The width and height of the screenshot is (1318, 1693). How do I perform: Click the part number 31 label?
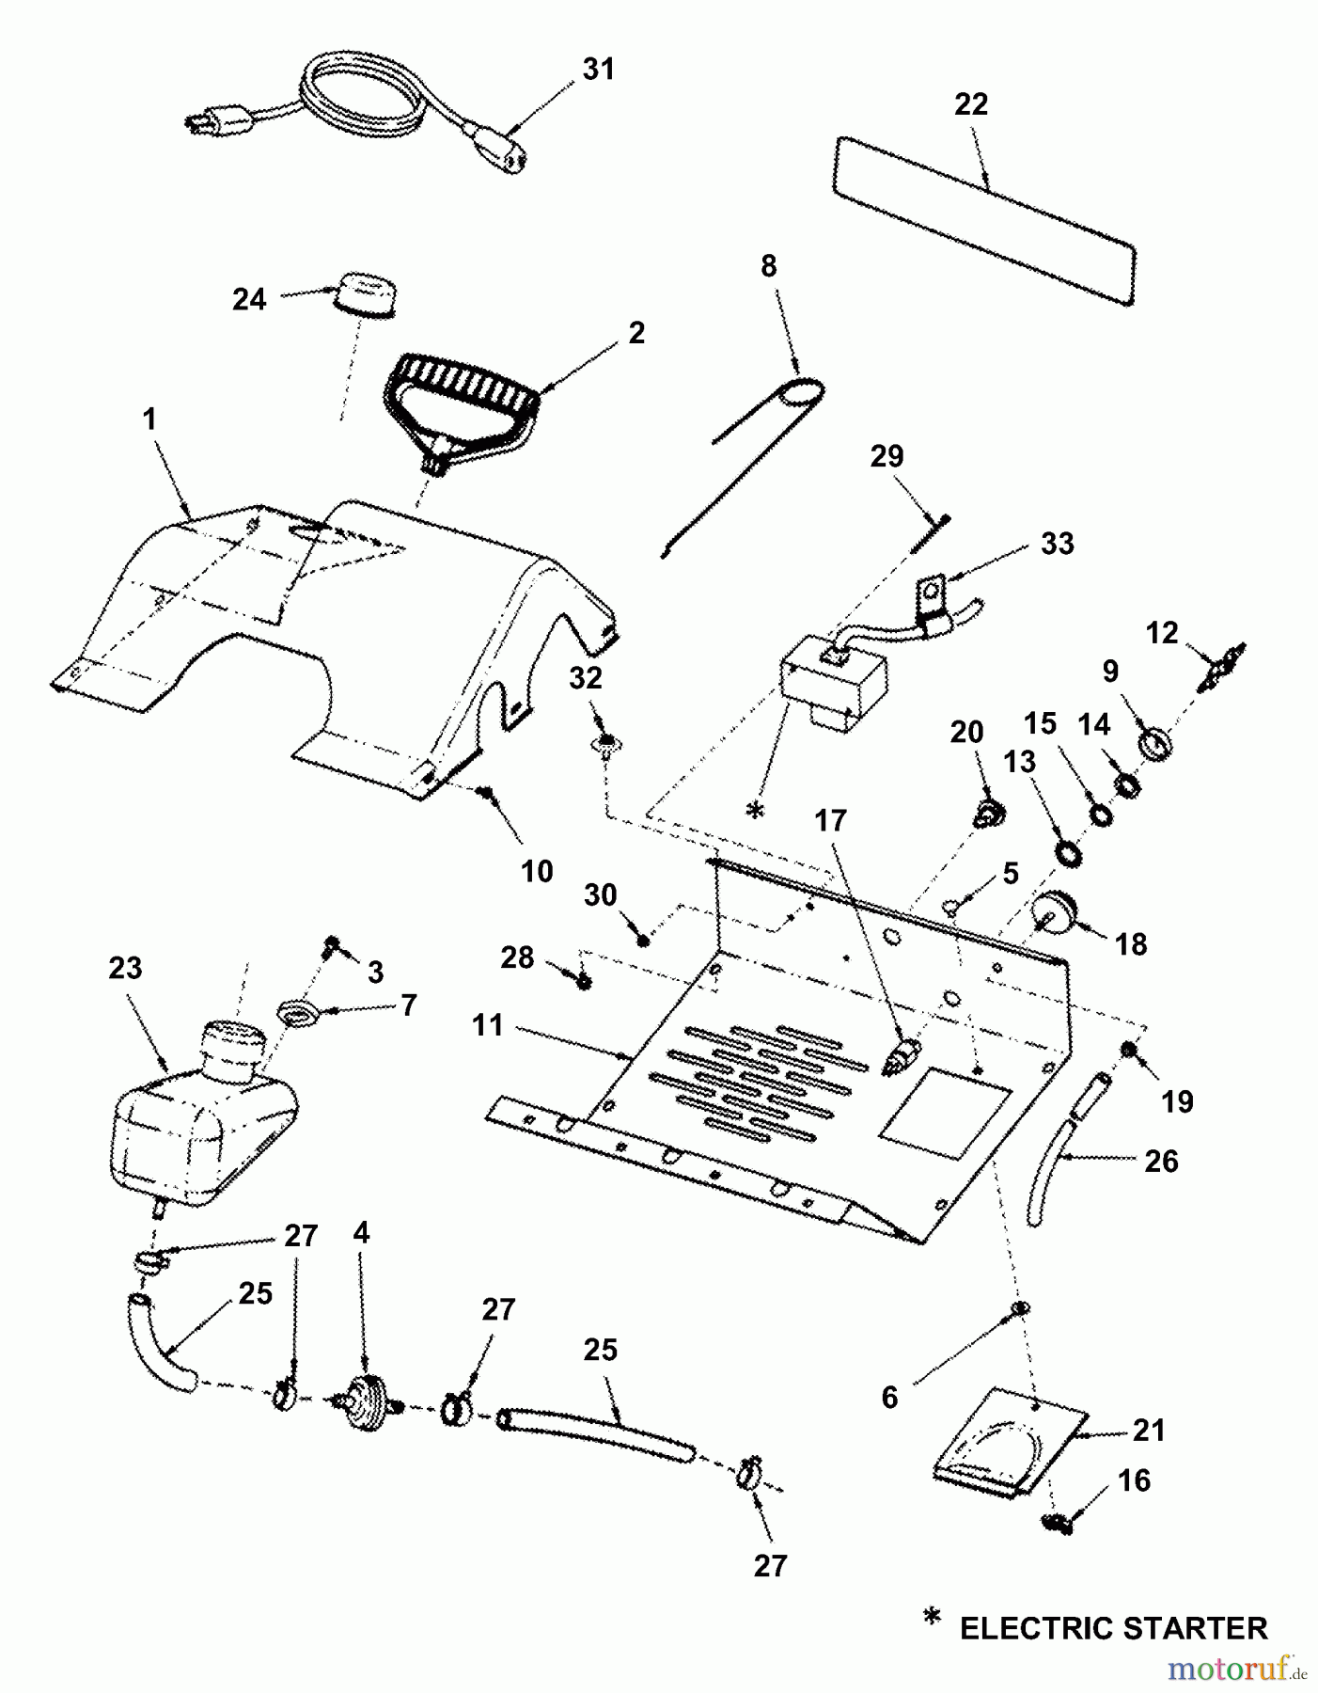(x=598, y=70)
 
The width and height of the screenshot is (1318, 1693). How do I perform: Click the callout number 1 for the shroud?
(x=149, y=419)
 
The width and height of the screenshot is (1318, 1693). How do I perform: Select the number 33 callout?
(x=1057, y=544)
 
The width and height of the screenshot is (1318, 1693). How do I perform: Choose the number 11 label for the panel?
(x=488, y=1025)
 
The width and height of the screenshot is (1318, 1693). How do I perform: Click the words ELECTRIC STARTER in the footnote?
(x=1113, y=1628)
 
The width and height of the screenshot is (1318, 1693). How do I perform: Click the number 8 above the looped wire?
(x=769, y=266)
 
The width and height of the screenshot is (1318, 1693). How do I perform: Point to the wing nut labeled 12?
(x=1220, y=664)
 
